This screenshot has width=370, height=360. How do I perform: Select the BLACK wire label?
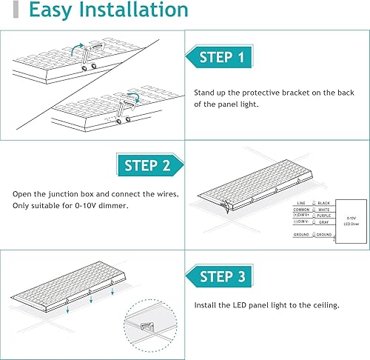pyautogui.click(x=325, y=202)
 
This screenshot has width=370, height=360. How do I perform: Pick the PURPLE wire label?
pyautogui.click(x=326, y=216)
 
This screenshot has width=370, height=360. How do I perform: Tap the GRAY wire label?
pyautogui.click(x=323, y=222)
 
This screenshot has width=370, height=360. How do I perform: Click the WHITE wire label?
pyautogui.click(x=325, y=209)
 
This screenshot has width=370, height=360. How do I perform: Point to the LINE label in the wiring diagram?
pyautogui.click(x=300, y=202)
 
